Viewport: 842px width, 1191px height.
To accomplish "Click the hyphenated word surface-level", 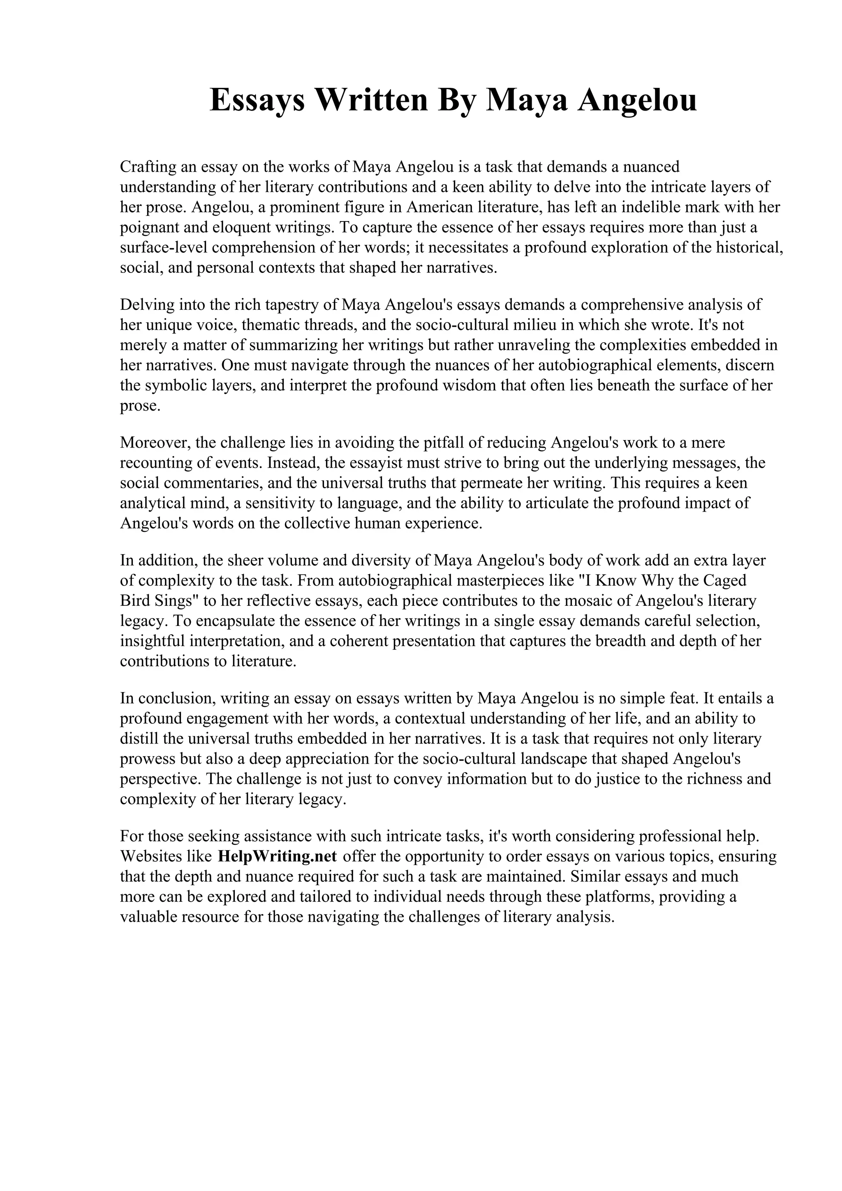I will tap(163, 247).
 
